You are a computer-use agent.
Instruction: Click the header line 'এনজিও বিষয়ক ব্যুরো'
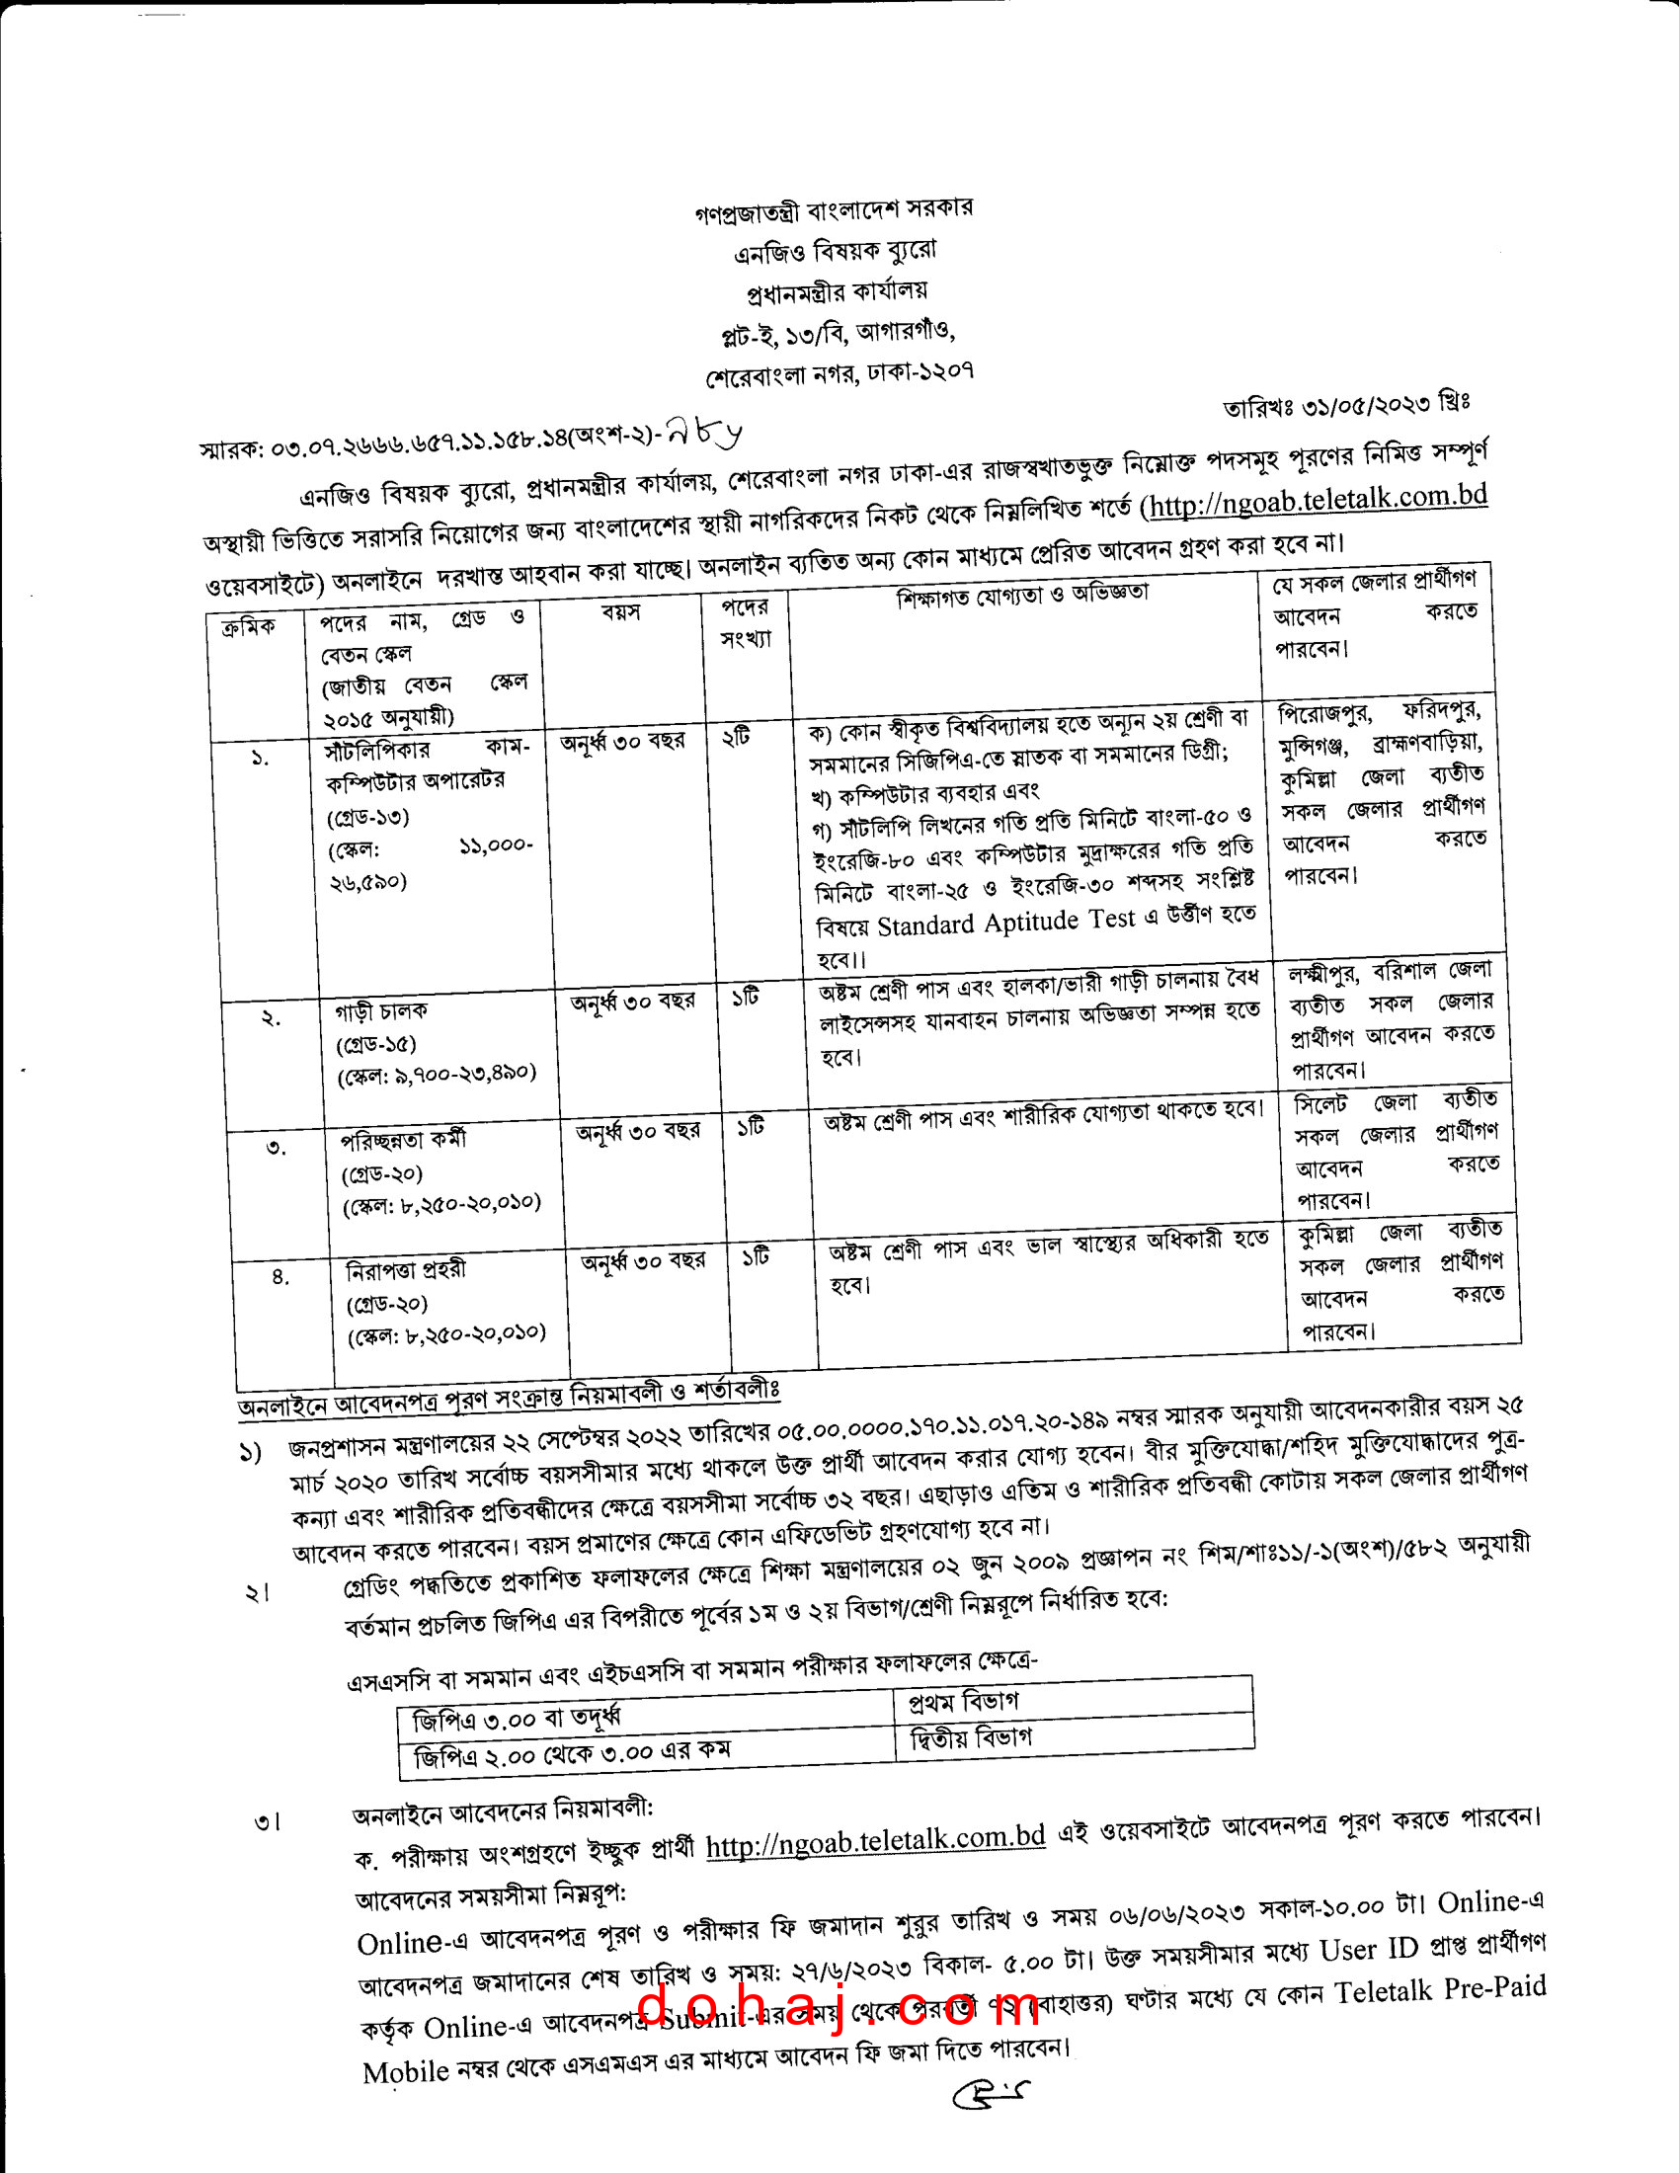tap(835, 250)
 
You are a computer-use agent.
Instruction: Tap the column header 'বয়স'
tap(620, 610)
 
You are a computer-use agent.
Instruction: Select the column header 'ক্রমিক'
tap(248, 628)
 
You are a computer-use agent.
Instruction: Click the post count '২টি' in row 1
tap(736, 737)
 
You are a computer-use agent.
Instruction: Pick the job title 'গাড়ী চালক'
tap(381, 1010)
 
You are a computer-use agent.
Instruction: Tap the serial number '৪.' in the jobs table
tap(281, 1276)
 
